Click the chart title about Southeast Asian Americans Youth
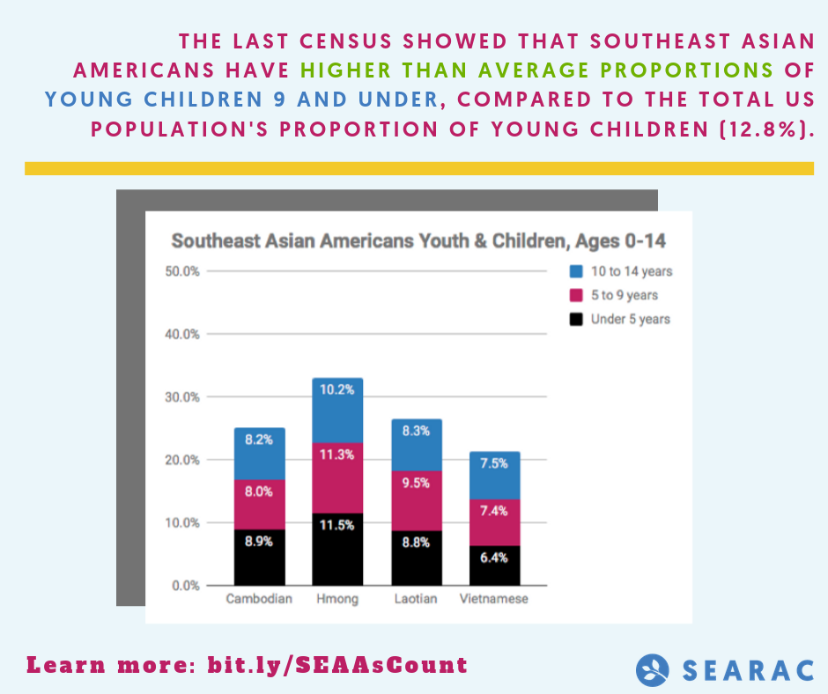point(418,240)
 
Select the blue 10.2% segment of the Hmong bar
point(337,410)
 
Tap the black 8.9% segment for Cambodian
point(260,557)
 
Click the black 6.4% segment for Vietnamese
point(494,565)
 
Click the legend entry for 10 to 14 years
point(621,271)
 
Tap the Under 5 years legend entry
point(620,319)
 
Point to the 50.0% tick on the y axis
point(182,271)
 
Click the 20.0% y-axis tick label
point(182,460)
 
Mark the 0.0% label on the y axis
point(185,586)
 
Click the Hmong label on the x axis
point(337,600)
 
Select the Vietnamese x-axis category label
point(494,600)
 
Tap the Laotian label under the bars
point(416,600)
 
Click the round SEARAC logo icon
point(653,669)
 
